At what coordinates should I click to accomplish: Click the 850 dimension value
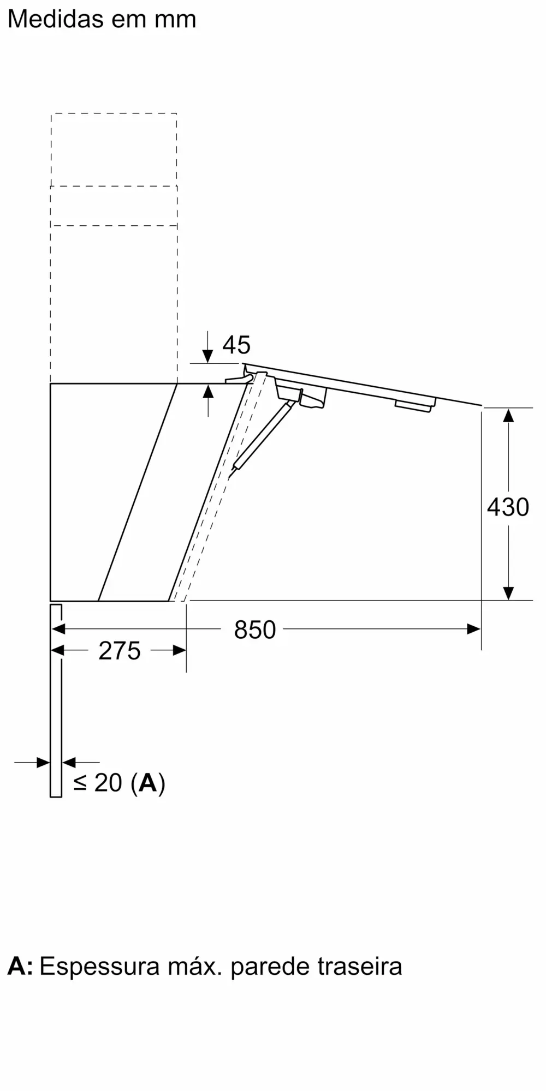pos(254,630)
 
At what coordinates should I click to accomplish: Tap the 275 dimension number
pos(120,651)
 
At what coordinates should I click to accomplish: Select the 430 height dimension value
pos(508,507)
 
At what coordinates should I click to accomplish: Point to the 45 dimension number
pos(236,345)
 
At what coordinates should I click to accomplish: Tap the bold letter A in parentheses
pos(148,783)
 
